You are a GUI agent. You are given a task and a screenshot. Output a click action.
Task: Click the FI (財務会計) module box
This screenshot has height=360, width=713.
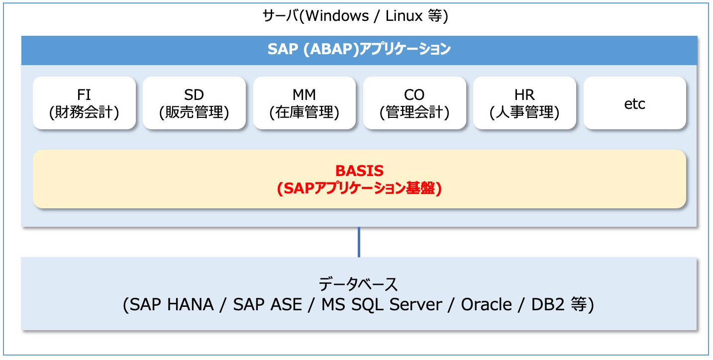point(84,103)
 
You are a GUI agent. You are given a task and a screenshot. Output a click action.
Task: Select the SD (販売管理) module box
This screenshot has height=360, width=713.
point(194,103)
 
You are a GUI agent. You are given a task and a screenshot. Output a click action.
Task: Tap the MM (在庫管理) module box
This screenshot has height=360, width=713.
point(305,103)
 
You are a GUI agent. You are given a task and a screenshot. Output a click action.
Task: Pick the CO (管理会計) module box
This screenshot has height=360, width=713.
point(414,103)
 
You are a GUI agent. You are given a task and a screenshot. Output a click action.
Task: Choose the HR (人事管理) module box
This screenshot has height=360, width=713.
point(524,103)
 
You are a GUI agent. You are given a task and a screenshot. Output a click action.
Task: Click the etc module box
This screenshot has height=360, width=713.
point(634,103)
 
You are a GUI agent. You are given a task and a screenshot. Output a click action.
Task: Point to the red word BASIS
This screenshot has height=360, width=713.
point(359,171)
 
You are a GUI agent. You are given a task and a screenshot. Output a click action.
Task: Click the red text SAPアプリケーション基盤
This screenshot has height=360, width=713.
point(359,188)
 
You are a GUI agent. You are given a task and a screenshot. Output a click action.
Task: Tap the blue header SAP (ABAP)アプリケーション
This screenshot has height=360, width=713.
point(359,50)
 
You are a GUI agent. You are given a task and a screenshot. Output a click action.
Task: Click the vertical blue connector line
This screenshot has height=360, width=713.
point(359,242)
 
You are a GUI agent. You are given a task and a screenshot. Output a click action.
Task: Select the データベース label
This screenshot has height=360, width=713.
point(359,284)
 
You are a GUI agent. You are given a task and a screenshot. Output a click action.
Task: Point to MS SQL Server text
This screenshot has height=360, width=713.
point(382,304)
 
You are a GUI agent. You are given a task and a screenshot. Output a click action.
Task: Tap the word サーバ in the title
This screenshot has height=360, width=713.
point(280,16)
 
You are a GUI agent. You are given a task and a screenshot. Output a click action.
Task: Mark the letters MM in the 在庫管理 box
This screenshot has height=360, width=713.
point(305,94)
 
